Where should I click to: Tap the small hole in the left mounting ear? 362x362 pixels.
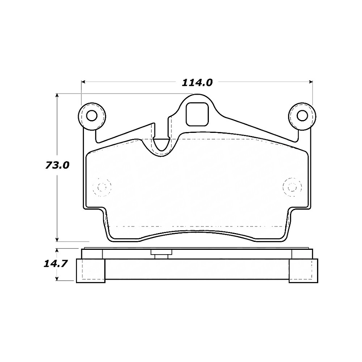[92, 116]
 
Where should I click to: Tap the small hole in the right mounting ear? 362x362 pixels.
[303, 116]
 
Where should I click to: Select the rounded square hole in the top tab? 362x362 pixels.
[197, 113]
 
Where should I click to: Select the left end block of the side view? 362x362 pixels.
[91, 271]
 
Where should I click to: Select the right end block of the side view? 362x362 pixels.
[304, 271]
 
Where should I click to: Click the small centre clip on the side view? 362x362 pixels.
[161, 254]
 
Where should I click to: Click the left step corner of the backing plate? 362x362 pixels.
[104, 208]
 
